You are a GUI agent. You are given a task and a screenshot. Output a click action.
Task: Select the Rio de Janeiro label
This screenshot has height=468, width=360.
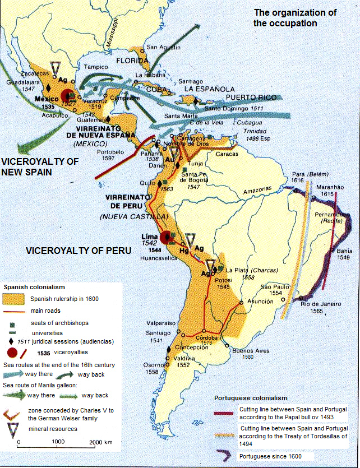click(321, 304)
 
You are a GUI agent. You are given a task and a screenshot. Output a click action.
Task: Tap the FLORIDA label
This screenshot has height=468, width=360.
click(131, 61)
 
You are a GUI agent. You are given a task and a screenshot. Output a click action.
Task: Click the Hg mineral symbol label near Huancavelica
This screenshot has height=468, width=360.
click(184, 251)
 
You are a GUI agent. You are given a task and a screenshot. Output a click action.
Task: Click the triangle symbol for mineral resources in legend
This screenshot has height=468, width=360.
click(13, 429)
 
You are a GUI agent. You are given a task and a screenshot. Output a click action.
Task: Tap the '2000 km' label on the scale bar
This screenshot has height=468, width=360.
click(102, 442)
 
